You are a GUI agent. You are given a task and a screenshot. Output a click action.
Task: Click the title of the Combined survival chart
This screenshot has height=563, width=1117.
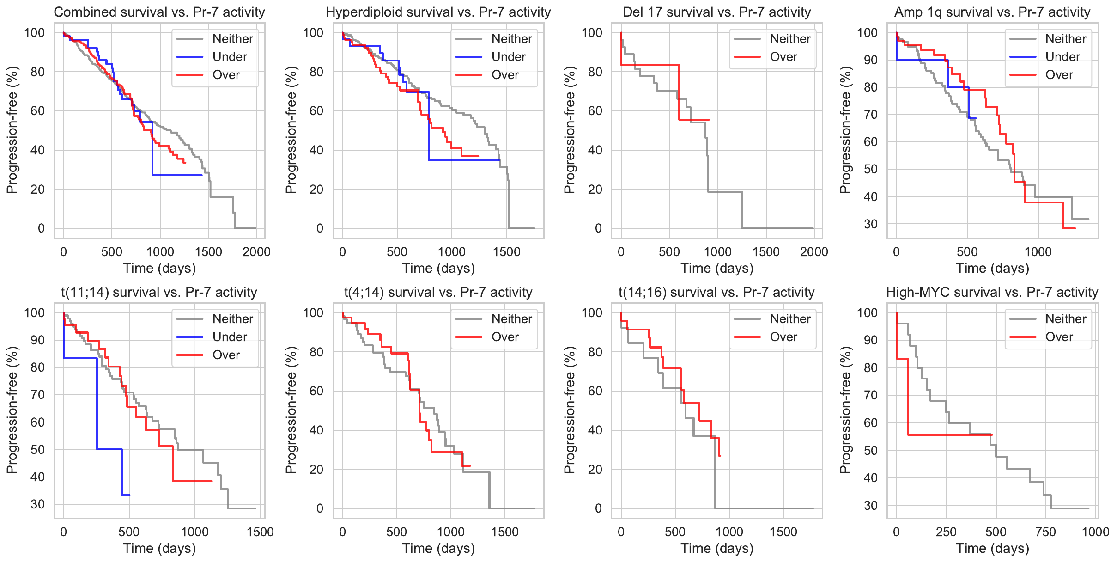coord(159,12)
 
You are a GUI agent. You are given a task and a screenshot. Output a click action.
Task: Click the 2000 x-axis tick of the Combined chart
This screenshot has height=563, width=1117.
coord(256,252)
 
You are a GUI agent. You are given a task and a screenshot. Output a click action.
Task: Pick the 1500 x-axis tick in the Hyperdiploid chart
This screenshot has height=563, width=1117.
coord(507,252)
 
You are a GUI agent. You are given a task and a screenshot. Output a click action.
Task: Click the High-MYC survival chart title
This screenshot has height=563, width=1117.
coord(992,292)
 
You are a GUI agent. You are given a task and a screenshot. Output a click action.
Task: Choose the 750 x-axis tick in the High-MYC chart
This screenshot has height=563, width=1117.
coord(1045,532)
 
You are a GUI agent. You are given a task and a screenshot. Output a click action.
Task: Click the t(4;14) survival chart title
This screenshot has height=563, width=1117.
coord(438,292)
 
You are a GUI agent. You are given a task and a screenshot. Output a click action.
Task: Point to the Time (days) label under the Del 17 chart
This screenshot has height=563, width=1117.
coord(717,269)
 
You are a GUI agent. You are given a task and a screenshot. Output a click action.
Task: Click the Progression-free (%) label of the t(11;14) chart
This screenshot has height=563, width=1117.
coord(12,410)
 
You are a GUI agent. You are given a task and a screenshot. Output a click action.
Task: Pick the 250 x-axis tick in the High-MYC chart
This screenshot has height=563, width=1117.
coord(946,532)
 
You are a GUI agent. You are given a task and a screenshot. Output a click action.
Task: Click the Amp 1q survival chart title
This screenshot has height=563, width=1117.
coord(992,12)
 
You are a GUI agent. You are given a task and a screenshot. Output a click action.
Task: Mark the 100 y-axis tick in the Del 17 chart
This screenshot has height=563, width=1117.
coord(592,33)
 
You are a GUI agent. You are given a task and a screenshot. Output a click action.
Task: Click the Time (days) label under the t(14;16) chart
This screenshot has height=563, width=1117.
coord(717,549)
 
